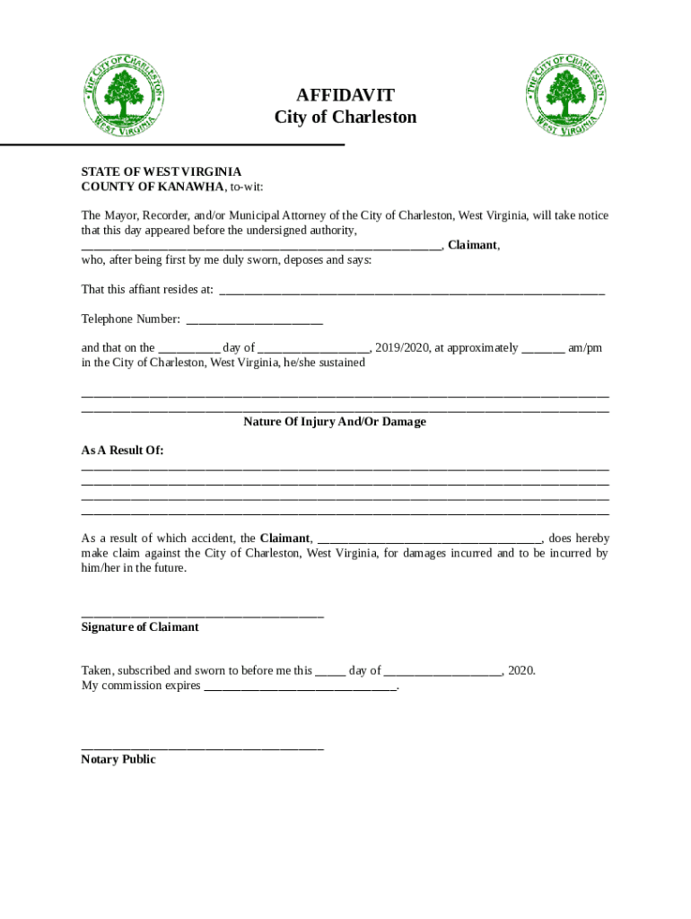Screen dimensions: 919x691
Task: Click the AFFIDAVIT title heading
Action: (345, 95)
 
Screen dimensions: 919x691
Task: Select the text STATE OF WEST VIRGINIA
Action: (161, 171)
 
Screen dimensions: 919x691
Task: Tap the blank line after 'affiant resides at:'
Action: (412, 291)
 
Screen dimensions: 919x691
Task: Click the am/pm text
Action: (585, 348)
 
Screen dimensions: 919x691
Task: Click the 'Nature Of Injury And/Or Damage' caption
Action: (335, 422)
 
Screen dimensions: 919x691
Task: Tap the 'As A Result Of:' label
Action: (123, 451)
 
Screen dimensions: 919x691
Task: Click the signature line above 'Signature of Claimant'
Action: (202, 615)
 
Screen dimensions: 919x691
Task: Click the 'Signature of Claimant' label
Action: (140, 627)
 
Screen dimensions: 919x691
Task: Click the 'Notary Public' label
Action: (118, 759)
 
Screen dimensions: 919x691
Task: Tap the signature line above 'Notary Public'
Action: (202, 747)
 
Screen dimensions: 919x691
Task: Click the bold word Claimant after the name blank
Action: (472, 245)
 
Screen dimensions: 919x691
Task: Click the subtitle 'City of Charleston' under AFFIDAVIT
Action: (345, 118)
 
